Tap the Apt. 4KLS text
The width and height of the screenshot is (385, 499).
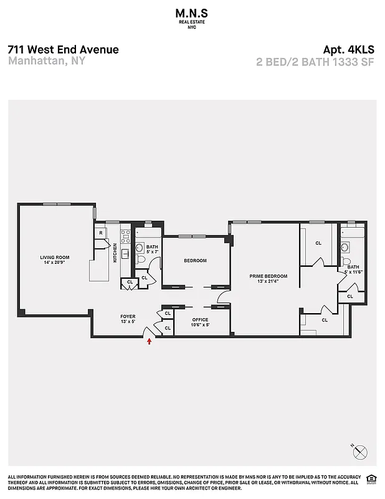click(x=348, y=50)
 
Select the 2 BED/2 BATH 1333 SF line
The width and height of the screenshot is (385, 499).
click(x=315, y=62)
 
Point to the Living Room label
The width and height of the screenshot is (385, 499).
click(x=55, y=257)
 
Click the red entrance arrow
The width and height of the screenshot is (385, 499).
click(x=149, y=341)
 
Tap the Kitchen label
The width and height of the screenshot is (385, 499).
click(x=115, y=253)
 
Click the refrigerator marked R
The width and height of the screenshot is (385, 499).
click(x=100, y=233)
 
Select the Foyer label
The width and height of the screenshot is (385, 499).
click(x=128, y=317)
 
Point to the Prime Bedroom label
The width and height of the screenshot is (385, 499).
click(x=269, y=276)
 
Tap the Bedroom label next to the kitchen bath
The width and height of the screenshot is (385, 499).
click(x=195, y=261)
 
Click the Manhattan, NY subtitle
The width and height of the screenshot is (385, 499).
click(x=47, y=61)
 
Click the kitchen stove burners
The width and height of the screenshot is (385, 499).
click(x=125, y=236)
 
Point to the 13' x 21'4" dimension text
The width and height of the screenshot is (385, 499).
click(x=269, y=281)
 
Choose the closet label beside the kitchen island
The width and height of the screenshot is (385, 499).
click(x=130, y=282)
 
